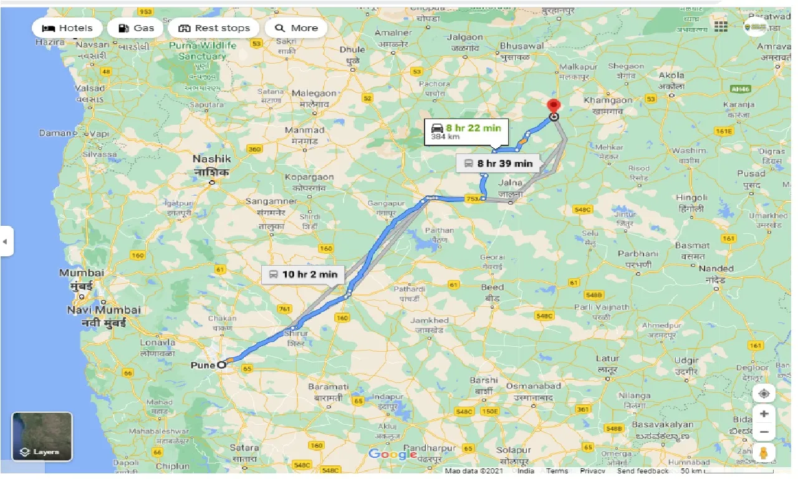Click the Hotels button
point(67,28)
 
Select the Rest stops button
point(214,28)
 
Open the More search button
point(296,28)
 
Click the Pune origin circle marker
point(221,365)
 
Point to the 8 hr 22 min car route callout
point(466,132)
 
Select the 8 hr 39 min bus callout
point(498,163)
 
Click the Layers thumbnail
point(42,436)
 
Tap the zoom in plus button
point(764,414)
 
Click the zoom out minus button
point(764,432)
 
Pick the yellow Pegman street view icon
point(764,453)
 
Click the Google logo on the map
point(392,454)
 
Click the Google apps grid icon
point(721,26)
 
